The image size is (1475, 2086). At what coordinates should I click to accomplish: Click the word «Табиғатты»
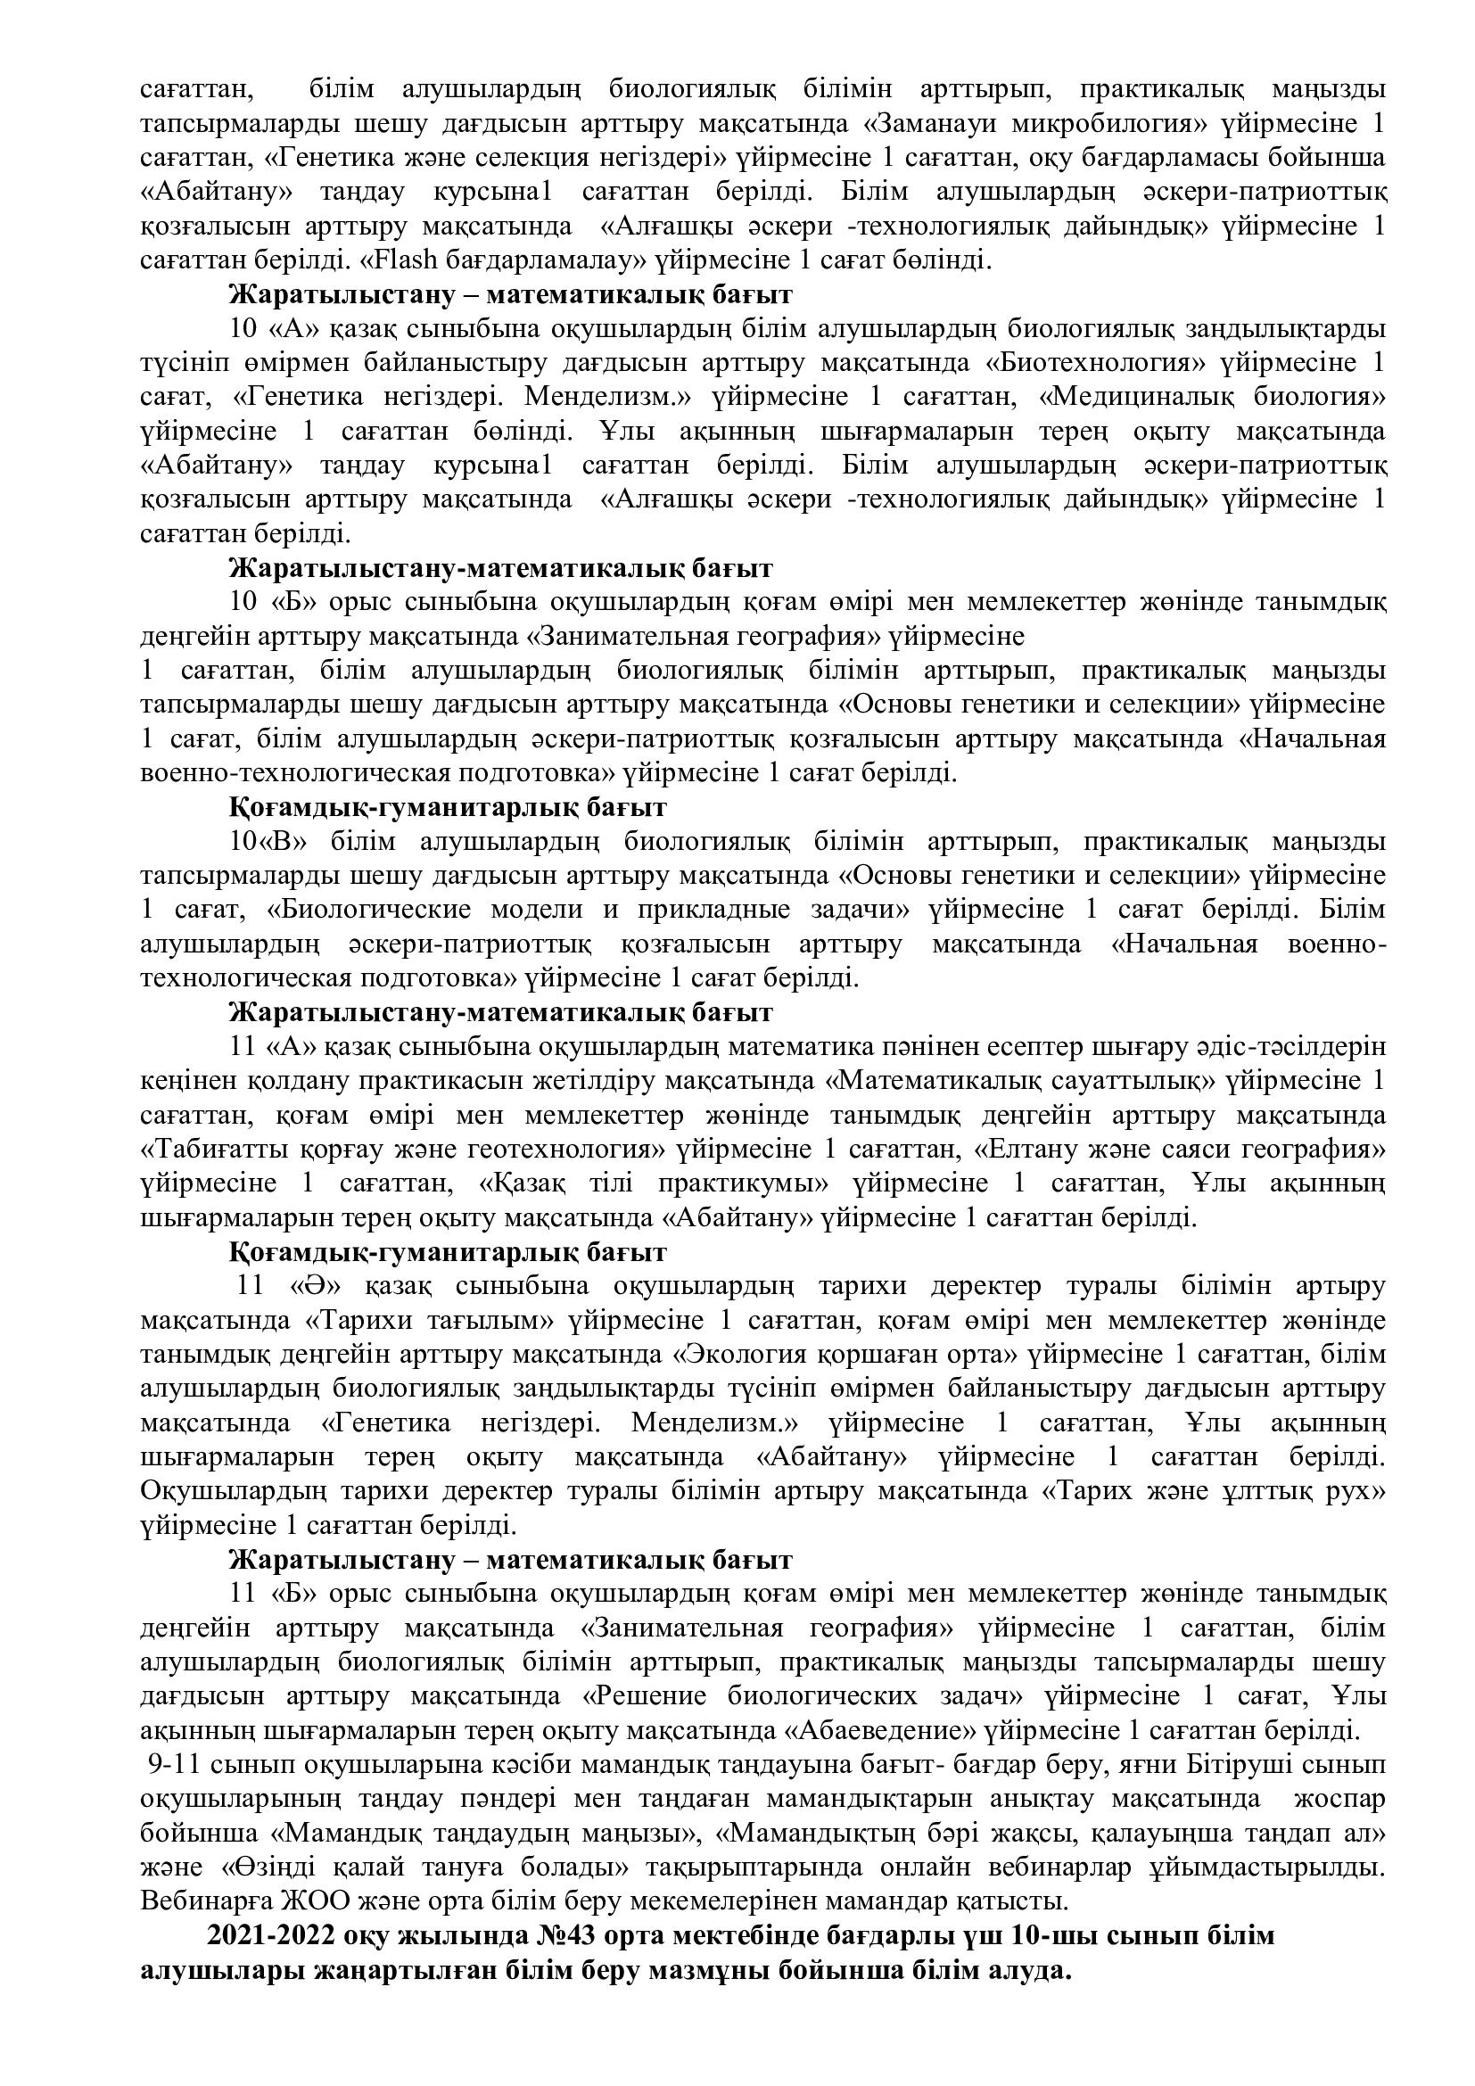click(215, 1150)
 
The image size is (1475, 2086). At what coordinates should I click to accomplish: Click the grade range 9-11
click(175, 1763)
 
